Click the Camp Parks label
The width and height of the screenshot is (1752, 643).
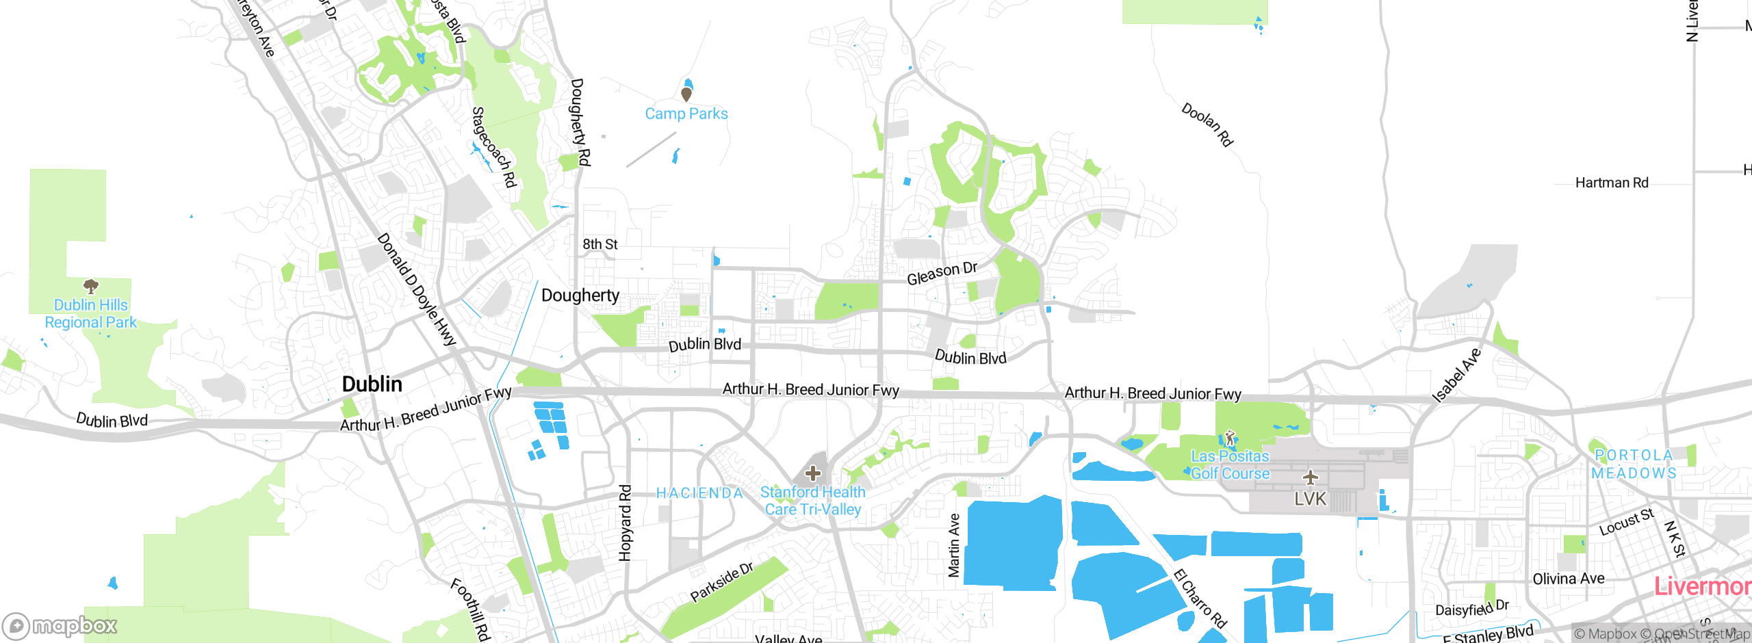[686, 114]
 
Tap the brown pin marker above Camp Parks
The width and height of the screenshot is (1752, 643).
[686, 94]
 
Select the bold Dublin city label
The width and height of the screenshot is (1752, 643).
[372, 384]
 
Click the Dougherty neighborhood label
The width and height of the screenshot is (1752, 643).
[580, 296]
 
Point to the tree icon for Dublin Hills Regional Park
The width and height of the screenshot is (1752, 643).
[90, 286]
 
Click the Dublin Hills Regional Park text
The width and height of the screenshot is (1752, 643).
[91, 314]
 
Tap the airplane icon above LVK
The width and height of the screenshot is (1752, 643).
[1310, 477]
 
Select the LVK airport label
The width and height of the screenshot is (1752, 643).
[1310, 499]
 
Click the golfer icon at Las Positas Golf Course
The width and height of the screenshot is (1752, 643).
[1230, 438]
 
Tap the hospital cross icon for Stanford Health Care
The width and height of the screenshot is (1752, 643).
[812, 473]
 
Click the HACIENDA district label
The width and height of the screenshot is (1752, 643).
[699, 493]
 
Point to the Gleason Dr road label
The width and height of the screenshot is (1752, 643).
[942, 273]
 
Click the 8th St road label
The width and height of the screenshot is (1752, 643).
[600, 244]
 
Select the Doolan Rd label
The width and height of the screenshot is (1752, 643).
[1207, 124]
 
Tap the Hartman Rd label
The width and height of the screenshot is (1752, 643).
[1612, 183]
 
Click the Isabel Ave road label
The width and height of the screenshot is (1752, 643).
[1456, 376]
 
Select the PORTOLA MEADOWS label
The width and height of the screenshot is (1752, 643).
[1634, 464]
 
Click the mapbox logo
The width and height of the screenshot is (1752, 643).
[60, 625]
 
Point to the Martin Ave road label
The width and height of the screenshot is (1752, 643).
[954, 545]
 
